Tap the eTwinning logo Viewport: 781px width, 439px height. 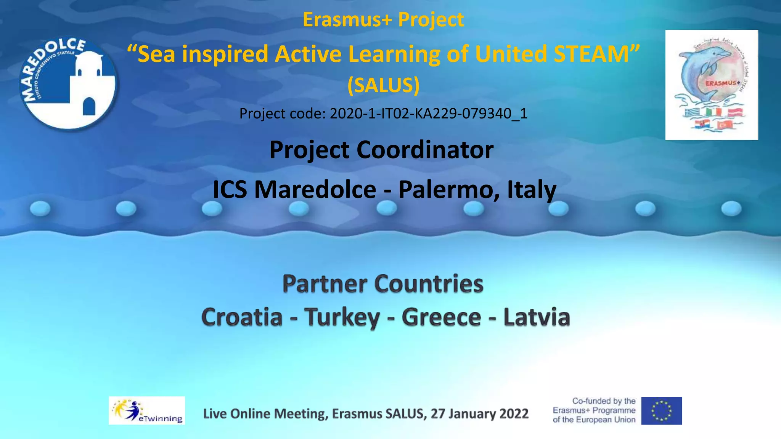(x=147, y=410)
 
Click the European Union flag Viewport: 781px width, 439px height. (x=661, y=411)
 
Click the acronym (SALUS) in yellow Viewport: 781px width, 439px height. (x=383, y=85)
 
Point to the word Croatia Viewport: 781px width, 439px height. (x=242, y=317)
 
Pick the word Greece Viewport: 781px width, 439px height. (x=441, y=317)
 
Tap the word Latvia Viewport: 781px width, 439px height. (x=537, y=317)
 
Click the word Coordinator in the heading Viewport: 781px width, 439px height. (x=425, y=149)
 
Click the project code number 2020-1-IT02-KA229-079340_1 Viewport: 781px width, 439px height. (x=428, y=114)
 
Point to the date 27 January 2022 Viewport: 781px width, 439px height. (x=479, y=413)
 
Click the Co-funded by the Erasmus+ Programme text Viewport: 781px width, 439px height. (x=594, y=410)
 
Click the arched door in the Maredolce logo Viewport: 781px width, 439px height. (x=89, y=106)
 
